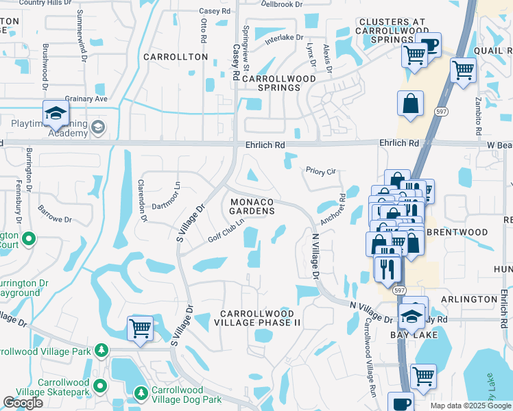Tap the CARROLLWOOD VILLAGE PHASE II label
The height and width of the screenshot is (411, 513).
[x=260, y=317]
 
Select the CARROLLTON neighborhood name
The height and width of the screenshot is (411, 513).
[x=175, y=57]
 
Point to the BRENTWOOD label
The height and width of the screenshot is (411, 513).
[x=457, y=232]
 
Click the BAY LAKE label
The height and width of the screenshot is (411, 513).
[x=409, y=336]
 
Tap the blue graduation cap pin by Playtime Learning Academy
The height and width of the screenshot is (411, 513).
[x=56, y=114]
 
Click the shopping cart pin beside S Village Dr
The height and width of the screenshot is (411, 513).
[x=141, y=328]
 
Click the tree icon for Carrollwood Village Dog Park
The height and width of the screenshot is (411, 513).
[x=141, y=393]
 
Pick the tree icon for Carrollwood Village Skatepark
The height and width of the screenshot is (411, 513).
[x=101, y=385]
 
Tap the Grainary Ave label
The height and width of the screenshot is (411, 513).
[x=86, y=99]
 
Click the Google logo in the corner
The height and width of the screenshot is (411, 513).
[x=23, y=403]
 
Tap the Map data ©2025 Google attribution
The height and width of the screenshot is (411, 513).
[x=470, y=406]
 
